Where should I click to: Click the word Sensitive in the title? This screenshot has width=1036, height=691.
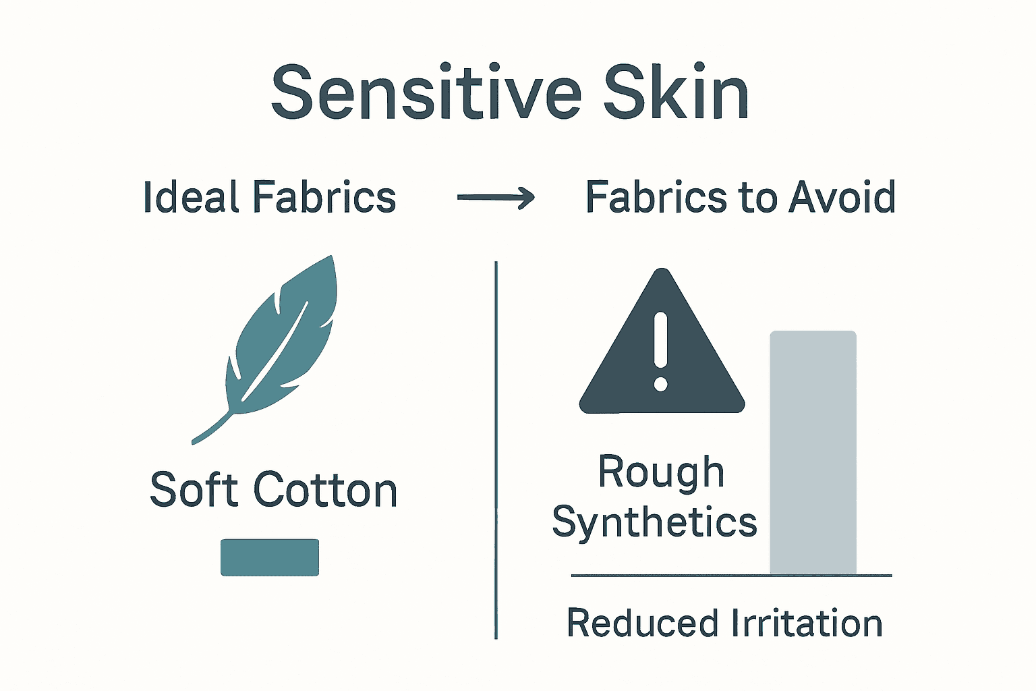point(426,92)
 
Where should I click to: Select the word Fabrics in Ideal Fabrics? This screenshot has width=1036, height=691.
point(324,198)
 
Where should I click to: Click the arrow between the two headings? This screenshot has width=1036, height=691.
point(496,198)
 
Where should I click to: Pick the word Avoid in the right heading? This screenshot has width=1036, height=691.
point(842,198)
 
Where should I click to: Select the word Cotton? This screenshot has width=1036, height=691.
point(325,490)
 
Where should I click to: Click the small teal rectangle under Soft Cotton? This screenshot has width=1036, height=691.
point(270,557)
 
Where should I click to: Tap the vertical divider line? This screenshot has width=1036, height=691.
point(496,449)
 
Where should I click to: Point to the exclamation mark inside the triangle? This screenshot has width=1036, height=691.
point(661,351)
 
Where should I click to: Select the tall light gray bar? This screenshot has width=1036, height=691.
point(813,452)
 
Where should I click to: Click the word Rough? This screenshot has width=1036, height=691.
point(661,472)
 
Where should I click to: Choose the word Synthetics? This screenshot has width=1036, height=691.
point(654,522)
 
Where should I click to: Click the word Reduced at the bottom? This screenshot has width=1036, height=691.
point(641,624)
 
